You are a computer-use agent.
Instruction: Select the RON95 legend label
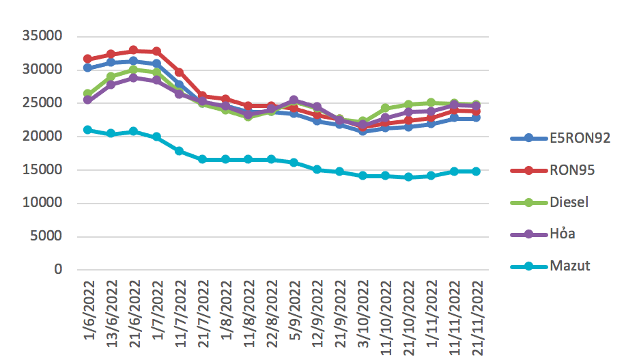pos(572,170)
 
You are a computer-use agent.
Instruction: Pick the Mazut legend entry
pos(569,266)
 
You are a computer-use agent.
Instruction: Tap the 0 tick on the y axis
pos(58,270)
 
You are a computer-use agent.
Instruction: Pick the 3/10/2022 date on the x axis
pos(363,314)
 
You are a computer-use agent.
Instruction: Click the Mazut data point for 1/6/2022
pos(87,130)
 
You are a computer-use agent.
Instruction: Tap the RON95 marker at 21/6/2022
pos(133,51)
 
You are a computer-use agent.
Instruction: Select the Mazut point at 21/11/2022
pos(476,171)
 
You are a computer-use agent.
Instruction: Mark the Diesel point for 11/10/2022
pos(385,108)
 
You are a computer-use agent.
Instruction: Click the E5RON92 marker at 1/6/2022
pos(87,68)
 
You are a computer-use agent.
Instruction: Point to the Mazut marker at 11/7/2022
pos(179,151)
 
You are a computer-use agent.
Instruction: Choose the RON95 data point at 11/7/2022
pos(179,72)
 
